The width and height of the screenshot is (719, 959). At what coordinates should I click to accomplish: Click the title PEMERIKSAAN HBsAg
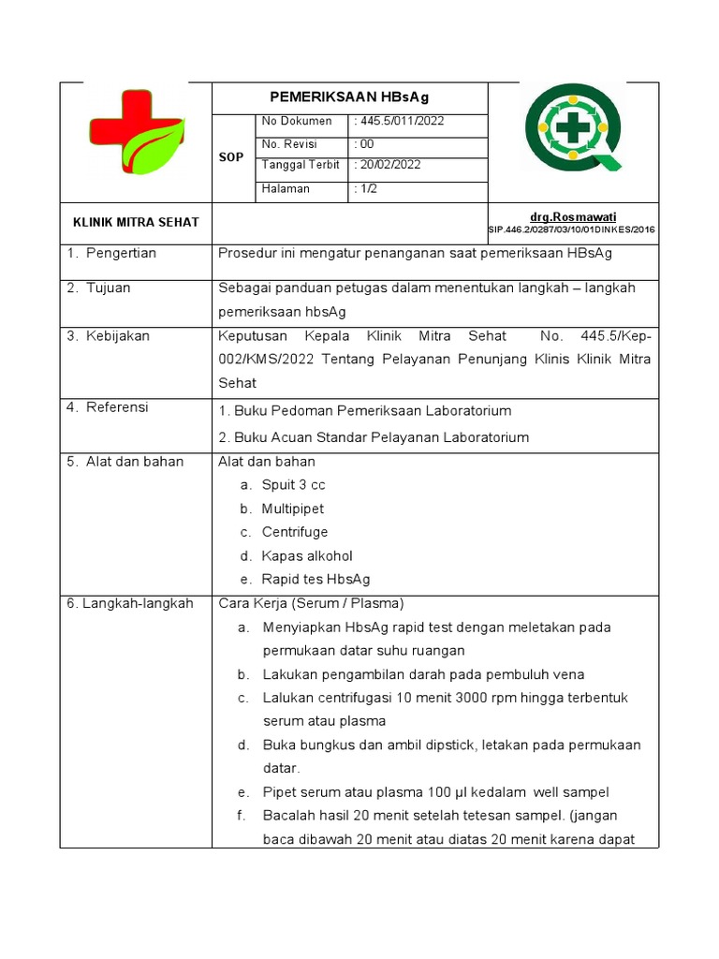tap(349, 97)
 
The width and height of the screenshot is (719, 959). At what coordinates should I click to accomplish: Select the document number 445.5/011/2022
tap(399, 121)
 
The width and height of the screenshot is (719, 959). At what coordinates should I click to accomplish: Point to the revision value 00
tap(364, 144)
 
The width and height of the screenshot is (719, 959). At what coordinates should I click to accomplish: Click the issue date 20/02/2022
tap(389, 165)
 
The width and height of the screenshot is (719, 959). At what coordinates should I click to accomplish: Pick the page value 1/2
tap(366, 188)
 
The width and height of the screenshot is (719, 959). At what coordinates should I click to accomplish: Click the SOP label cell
tap(232, 157)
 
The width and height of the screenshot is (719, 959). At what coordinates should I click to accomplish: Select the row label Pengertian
tap(121, 253)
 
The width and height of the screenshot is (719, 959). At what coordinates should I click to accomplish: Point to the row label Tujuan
tap(108, 288)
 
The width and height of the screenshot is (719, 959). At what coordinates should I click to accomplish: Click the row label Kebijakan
tap(117, 335)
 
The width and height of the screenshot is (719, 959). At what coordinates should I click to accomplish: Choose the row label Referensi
tap(117, 407)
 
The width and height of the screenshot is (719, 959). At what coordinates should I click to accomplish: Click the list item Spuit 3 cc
tap(293, 485)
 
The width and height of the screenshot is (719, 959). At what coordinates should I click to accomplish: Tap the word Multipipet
tap(292, 509)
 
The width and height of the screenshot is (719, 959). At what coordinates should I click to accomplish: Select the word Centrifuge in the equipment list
tap(295, 532)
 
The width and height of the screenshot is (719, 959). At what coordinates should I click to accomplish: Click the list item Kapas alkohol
tap(307, 556)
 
